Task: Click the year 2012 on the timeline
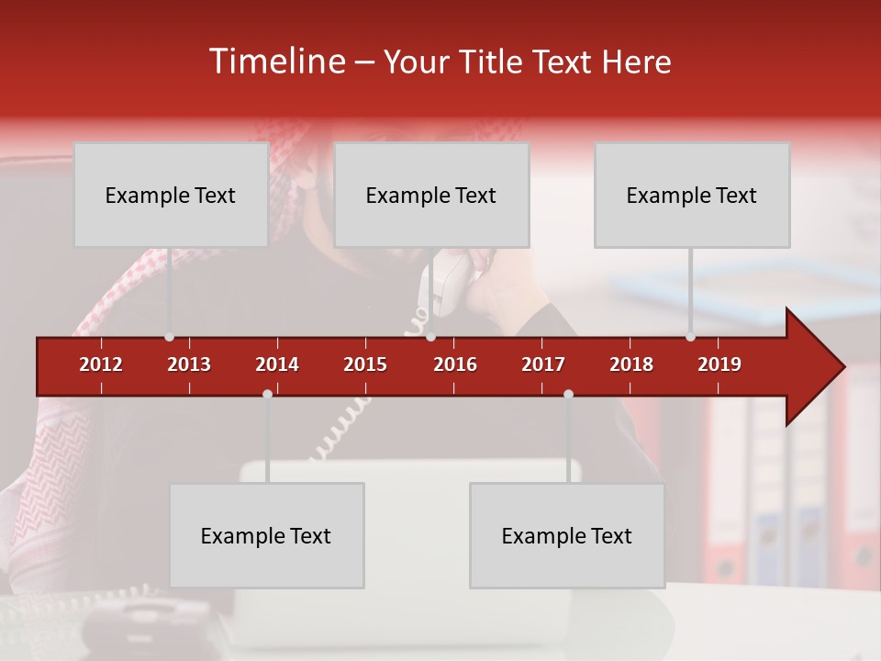pos(101,364)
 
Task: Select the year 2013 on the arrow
pos(189,364)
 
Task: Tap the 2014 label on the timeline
pos(277,364)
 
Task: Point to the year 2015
pos(365,364)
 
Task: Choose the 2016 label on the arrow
pos(455,364)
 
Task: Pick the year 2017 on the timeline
pos(543,364)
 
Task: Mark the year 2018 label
pos(631,364)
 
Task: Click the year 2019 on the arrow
pos(719,364)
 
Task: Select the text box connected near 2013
pos(171,195)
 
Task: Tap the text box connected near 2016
pos(431,195)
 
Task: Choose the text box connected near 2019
pos(692,195)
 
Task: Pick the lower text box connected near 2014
pos(266,535)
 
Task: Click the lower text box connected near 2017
pos(567,535)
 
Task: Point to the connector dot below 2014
pos(267,394)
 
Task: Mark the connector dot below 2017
pos(568,394)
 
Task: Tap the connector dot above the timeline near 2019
pos(690,337)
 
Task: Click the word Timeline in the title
pos(276,62)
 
